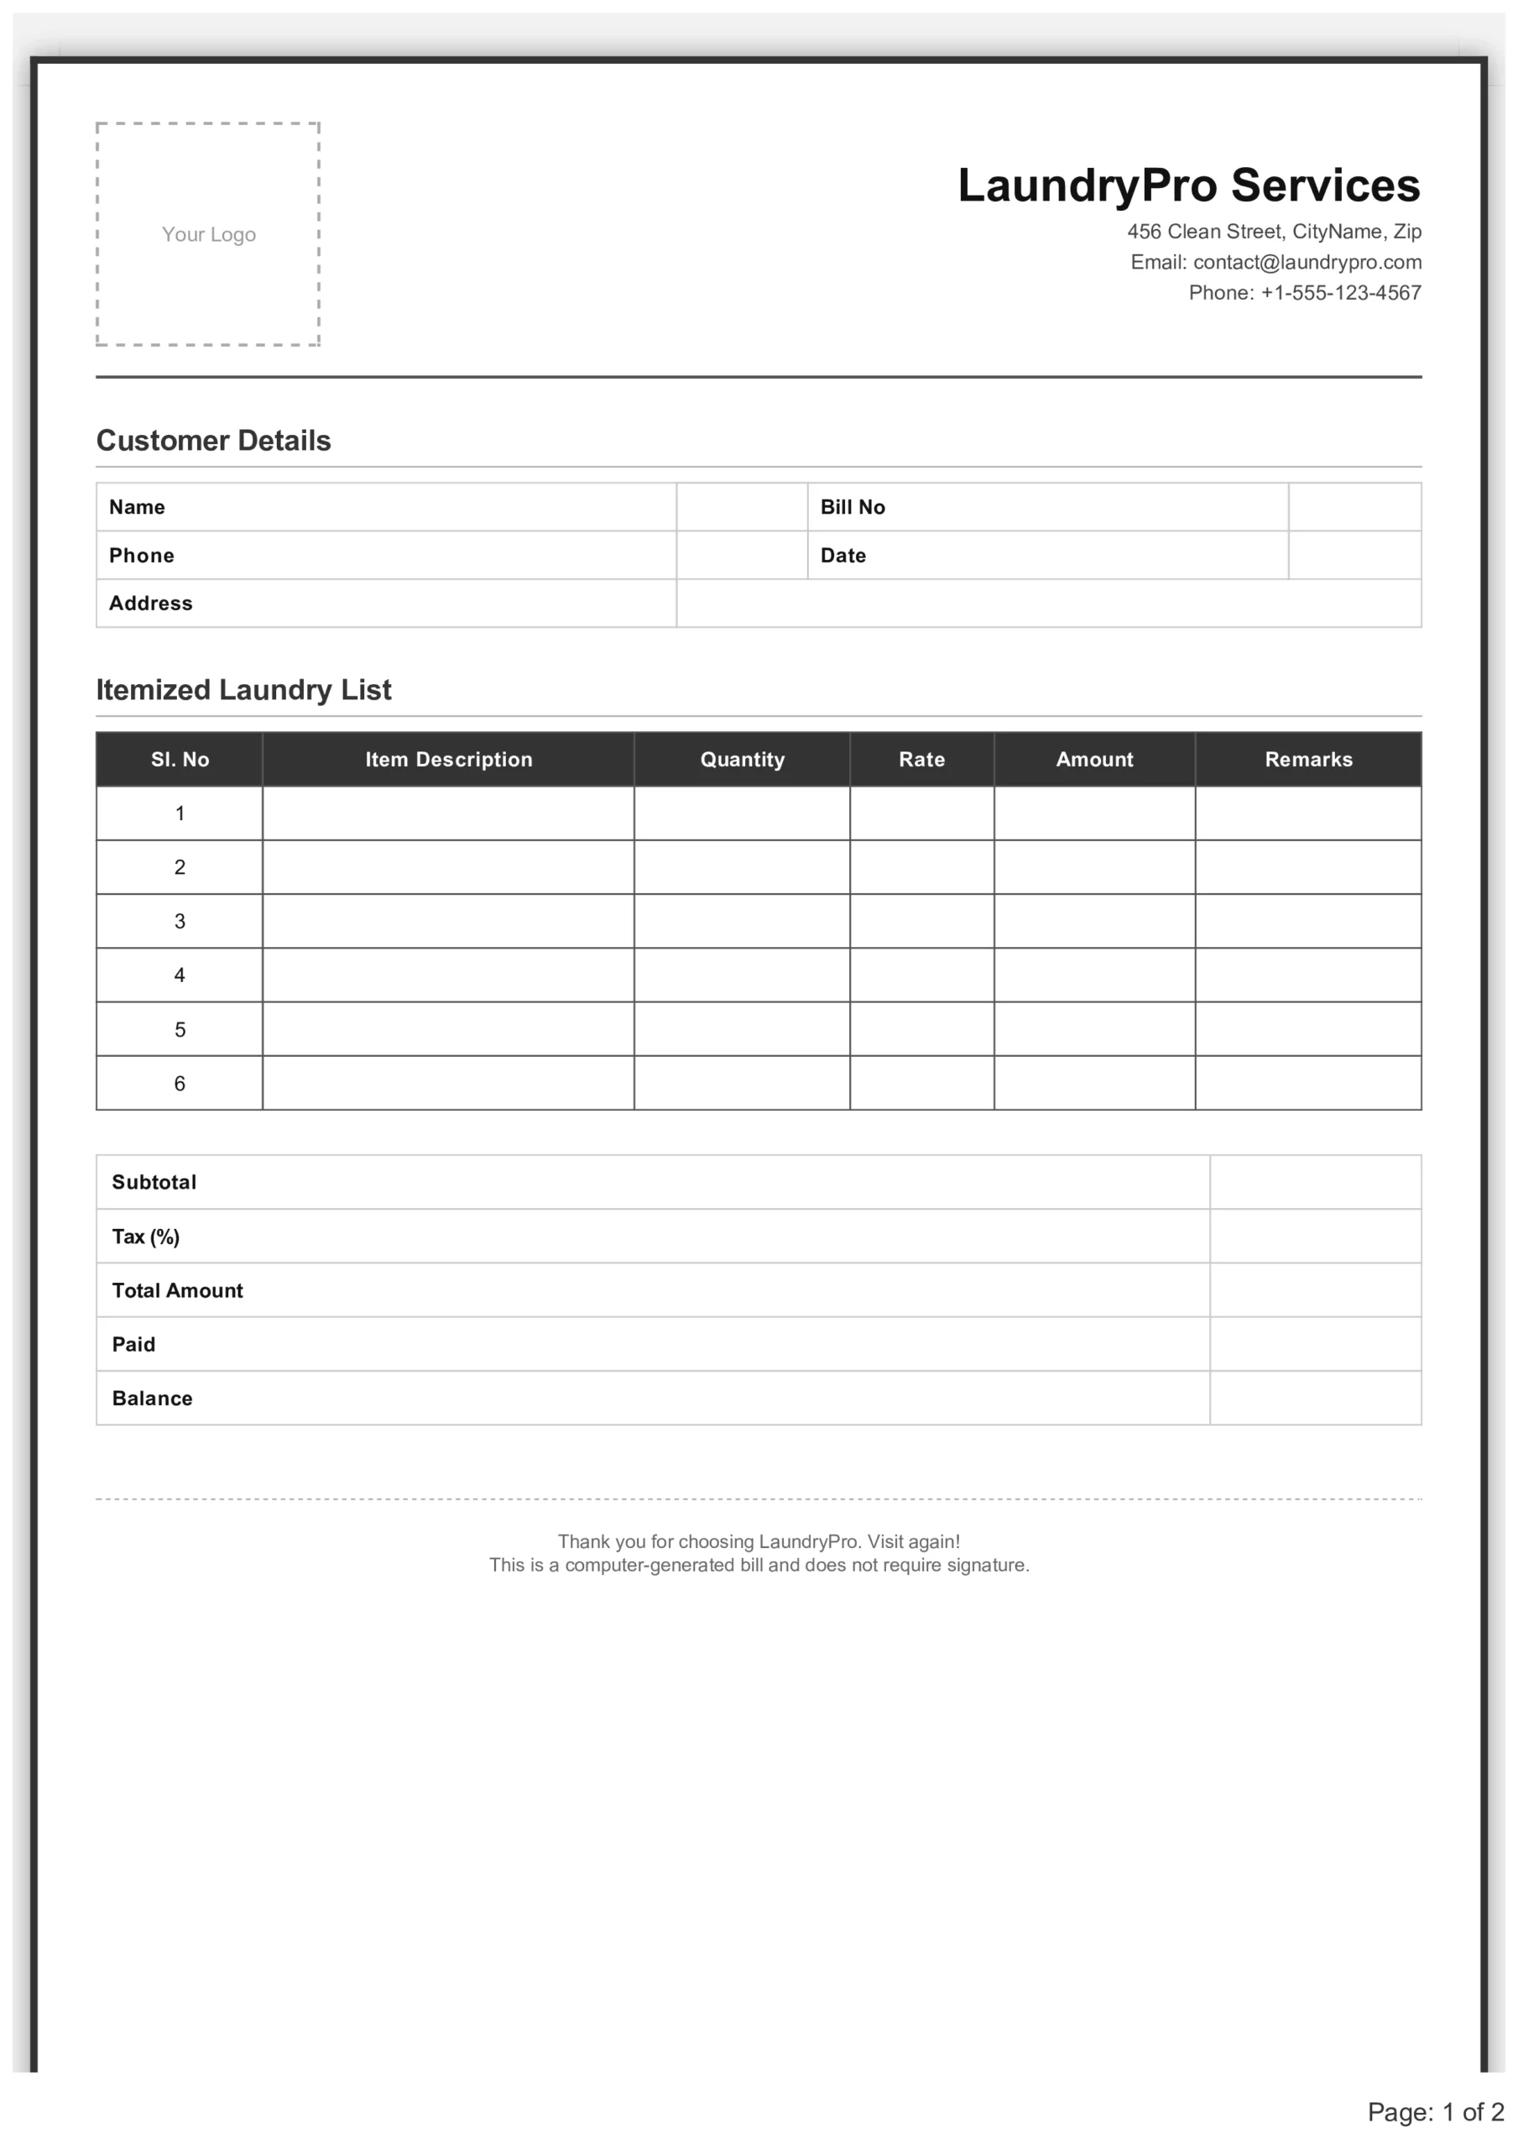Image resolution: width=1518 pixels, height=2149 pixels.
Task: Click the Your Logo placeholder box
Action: (208, 234)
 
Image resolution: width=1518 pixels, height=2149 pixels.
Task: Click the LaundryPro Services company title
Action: (1187, 186)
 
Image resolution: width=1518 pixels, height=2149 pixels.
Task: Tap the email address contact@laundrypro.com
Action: (1307, 262)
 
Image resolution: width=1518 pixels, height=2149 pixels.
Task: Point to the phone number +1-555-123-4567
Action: (1340, 293)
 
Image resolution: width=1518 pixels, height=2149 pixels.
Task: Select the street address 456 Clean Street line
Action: (1273, 231)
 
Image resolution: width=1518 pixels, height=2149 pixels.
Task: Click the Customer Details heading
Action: (213, 441)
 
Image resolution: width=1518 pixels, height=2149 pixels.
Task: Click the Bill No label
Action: (852, 507)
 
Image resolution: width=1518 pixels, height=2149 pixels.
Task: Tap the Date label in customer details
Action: (842, 556)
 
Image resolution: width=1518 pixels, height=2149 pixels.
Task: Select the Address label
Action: (151, 604)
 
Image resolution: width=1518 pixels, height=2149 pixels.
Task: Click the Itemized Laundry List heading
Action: (243, 690)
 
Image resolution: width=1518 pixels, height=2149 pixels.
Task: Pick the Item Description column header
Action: (448, 760)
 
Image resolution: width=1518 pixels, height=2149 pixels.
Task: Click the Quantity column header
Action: (742, 760)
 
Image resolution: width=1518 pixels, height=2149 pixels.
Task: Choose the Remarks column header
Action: (1307, 760)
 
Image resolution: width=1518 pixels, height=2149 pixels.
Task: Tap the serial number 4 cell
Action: (180, 975)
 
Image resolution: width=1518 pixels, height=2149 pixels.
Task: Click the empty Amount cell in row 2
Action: (1093, 868)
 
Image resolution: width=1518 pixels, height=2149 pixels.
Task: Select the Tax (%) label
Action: (146, 1237)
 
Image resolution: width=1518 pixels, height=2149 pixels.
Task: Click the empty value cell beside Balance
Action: (1314, 1399)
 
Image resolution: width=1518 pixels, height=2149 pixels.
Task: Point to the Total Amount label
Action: (177, 1291)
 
